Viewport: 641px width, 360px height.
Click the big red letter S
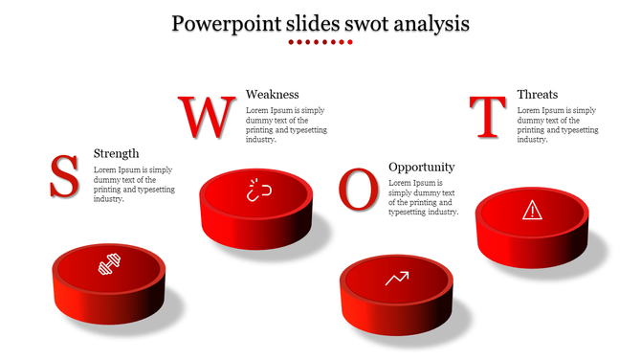coord(64,177)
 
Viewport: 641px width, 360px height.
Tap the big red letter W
coord(207,118)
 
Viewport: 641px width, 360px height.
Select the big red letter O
coord(359,190)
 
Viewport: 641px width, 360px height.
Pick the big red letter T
coord(489,118)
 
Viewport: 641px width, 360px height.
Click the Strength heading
coord(116,153)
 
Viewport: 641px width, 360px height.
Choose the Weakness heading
coord(273,94)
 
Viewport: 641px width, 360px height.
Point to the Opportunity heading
coord(421,167)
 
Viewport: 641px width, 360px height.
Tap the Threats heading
coord(538,94)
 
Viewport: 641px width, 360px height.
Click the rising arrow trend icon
coord(397,279)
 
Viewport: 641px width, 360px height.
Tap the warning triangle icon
coord(531,210)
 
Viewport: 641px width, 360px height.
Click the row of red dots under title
coord(320,42)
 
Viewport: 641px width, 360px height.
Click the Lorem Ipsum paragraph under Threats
coord(556,124)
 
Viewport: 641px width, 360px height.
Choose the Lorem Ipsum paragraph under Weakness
coord(285,124)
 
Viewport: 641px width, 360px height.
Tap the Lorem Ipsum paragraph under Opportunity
coord(423,197)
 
